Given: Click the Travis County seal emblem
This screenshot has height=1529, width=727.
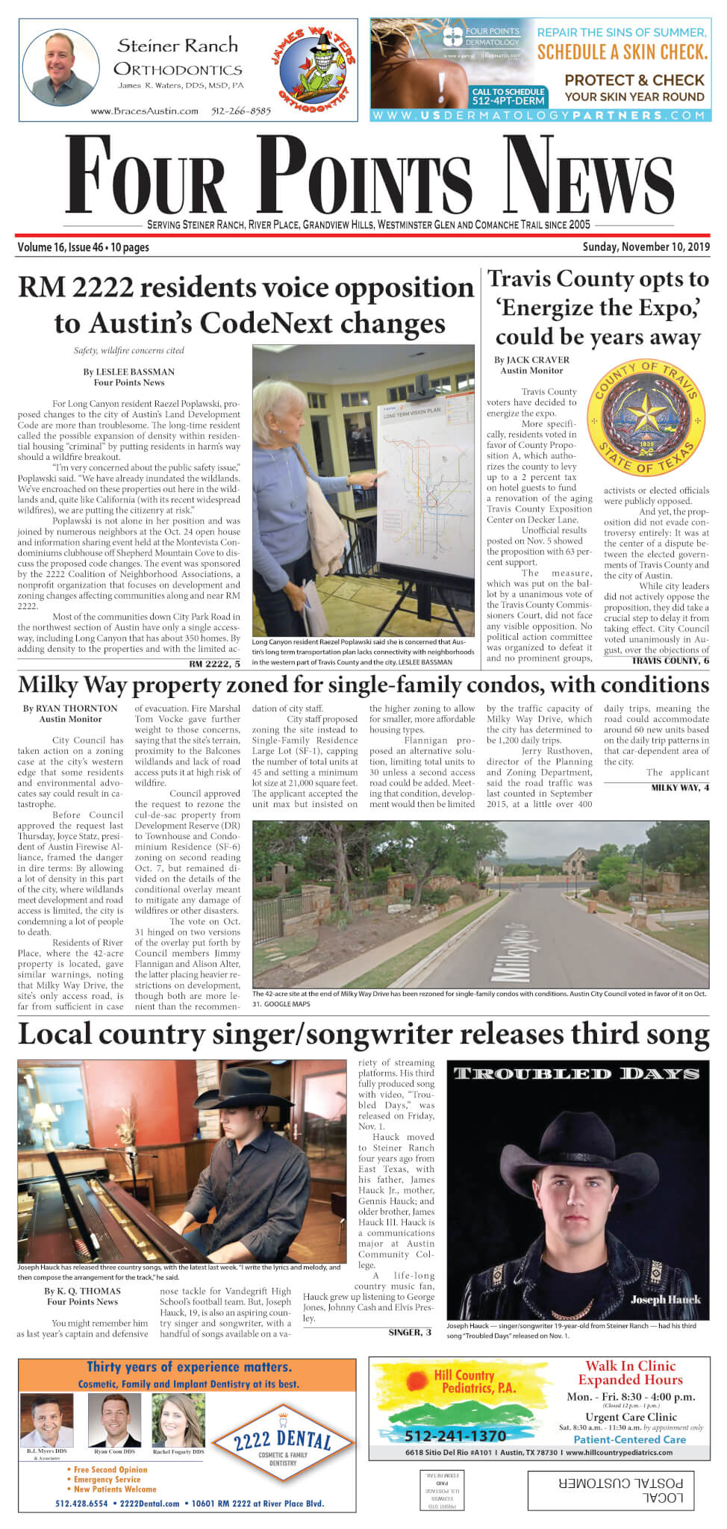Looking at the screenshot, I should tap(646, 419).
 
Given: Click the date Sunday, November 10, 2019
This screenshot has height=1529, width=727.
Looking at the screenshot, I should tap(646, 247).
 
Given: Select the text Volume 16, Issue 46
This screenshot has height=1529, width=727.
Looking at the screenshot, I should tap(60, 247).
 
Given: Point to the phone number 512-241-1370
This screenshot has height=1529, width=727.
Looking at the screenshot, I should tap(455, 1436).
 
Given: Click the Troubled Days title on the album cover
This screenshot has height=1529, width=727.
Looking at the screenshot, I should tap(576, 1074).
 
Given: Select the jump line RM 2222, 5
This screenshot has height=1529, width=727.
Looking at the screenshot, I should tap(215, 664).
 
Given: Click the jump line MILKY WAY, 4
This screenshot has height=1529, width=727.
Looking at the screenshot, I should tap(680, 788).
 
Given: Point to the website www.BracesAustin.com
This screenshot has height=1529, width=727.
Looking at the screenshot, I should tap(144, 111).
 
